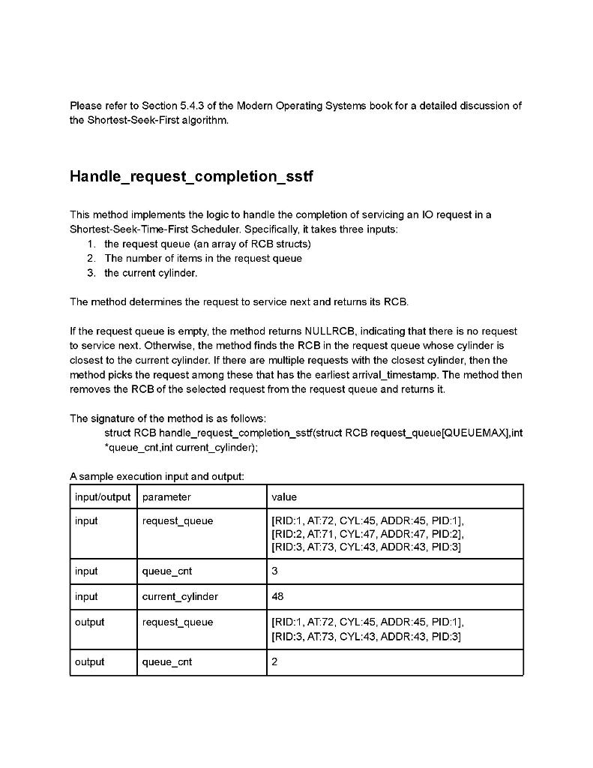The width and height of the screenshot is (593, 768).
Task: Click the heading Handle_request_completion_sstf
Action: point(191,177)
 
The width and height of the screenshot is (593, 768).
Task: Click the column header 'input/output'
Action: point(103,496)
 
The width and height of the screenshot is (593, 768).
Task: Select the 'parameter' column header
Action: point(166,496)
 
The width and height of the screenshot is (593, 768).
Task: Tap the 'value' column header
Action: point(284,496)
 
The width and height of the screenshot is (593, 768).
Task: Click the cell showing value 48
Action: point(277,596)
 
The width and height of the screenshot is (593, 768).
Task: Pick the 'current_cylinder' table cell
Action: point(180,596)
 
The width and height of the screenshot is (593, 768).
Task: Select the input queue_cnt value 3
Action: point(274,571)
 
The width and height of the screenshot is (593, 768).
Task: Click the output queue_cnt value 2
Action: point(274,661)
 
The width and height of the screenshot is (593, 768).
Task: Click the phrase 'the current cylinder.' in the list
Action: point(151,273)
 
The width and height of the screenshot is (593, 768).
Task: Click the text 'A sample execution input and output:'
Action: point(157,476)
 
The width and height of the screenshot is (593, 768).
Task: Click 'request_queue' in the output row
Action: point(177,622)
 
